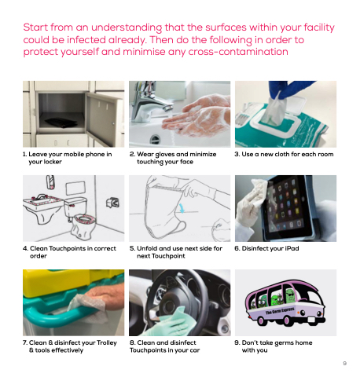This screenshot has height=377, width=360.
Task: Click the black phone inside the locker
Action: pyautogui.click(x=61, y=123)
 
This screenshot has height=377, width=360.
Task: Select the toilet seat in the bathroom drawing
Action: pyautogui.click(x=85, y=218)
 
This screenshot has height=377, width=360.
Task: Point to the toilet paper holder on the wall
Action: pyautogui.click(x=113, y=203)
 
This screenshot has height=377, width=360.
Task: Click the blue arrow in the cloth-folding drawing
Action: pyautogui.click(x=182, y=208)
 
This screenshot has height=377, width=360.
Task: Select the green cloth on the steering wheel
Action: pyautogui.click(x=175, y=321)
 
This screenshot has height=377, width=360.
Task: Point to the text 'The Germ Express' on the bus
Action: pyautogui.click(x=280, y=311)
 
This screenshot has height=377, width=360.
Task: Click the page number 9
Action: pyautogui.click(x=345, y=364)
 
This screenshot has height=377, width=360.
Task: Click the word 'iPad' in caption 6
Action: pyautogui.click(x=292, y=248)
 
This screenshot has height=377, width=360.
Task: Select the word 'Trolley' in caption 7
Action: pyautogui.click(x=107, y=342)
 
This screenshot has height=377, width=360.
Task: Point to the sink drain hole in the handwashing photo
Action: pyautogui.click(x=155, y=139)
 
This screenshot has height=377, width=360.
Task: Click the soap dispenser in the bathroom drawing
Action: pyautogui.click(x=50, y=181)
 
